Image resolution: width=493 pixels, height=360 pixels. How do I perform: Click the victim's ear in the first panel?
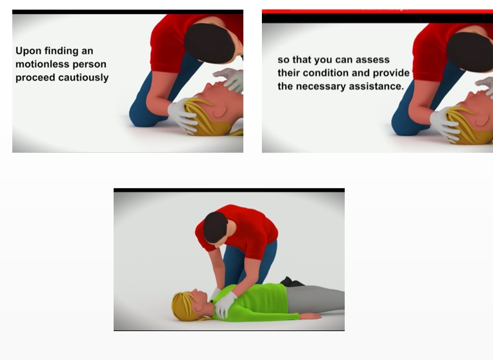click(x=220, y=111)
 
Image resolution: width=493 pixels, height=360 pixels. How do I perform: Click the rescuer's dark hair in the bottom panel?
click(x=215, y=227)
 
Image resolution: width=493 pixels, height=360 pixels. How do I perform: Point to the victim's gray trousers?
click(x=315, y=298)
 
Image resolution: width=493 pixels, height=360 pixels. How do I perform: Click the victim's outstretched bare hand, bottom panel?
click(x=310, y=316)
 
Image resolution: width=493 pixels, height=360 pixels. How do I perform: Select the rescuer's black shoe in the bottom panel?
click(x=291, y=282)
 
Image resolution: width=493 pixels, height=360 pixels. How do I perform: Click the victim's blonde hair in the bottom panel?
click(x=185, y=307)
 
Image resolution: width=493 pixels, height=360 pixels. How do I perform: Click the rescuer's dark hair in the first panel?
click(x=209, y=43)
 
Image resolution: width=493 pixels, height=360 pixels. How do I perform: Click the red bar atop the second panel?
click(x=377, y=12)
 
